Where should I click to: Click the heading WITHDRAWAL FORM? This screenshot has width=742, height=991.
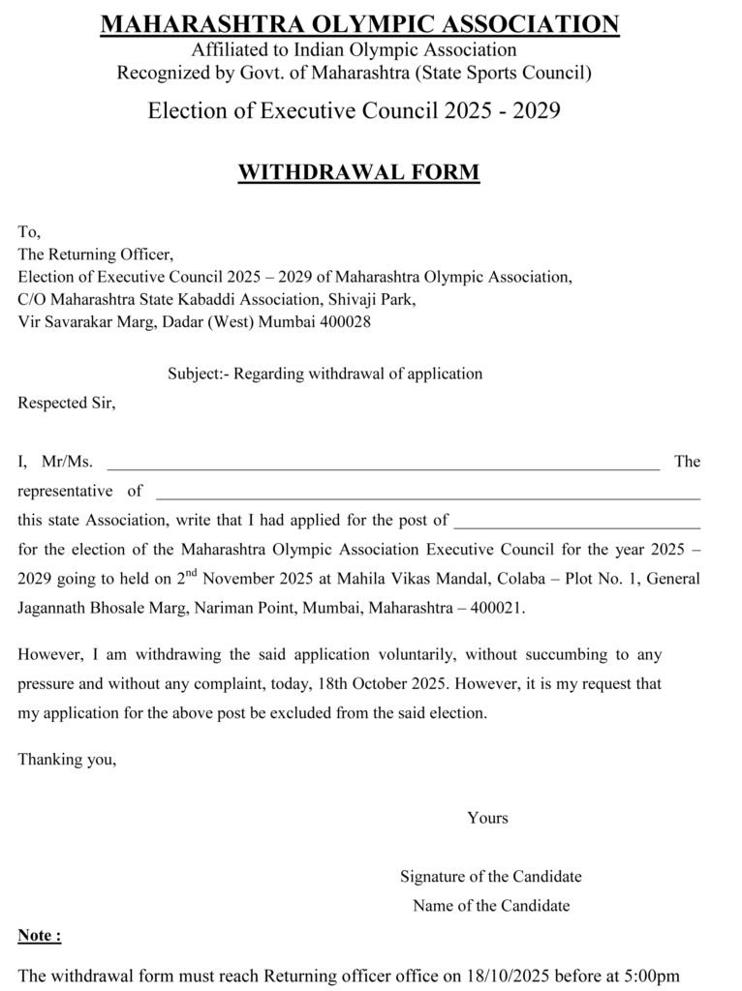click(x=358, y=173)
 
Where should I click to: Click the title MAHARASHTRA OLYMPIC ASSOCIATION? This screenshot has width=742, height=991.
click(x=359, y=24)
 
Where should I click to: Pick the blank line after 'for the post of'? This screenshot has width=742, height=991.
click(x=576, y=525)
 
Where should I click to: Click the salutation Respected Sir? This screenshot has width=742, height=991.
click(x=67, y=403)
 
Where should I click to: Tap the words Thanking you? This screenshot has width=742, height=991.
click(x=67, y=760)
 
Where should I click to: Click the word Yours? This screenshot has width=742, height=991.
click(x=487, y=818)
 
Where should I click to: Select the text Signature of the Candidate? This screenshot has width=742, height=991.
click(x=490, y=877)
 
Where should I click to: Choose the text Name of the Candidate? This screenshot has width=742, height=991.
click(x=490, y=906)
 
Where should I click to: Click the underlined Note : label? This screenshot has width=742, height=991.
click(x=40, y=936)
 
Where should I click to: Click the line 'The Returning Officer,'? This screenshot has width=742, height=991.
click(x=95, y=255)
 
